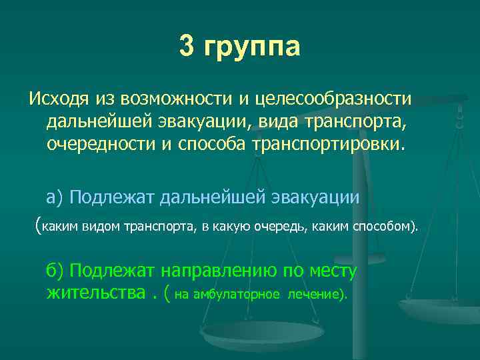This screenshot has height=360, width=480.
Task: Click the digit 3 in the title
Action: tap(189, 47)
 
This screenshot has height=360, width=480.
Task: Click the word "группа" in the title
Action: tap(253, 48)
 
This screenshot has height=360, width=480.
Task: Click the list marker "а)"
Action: tap(55, 197)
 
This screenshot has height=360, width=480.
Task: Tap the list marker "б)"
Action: tap(55, 271)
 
